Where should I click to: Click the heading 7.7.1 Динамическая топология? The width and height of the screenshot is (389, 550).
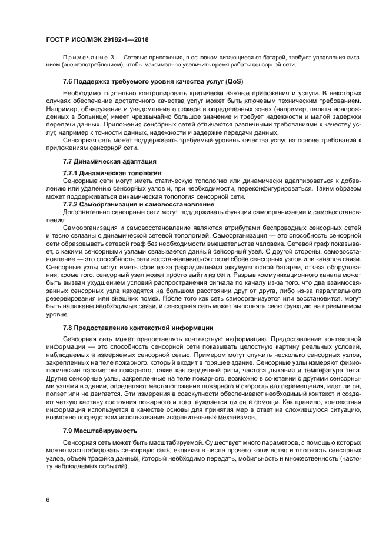[x=112, y=173]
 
